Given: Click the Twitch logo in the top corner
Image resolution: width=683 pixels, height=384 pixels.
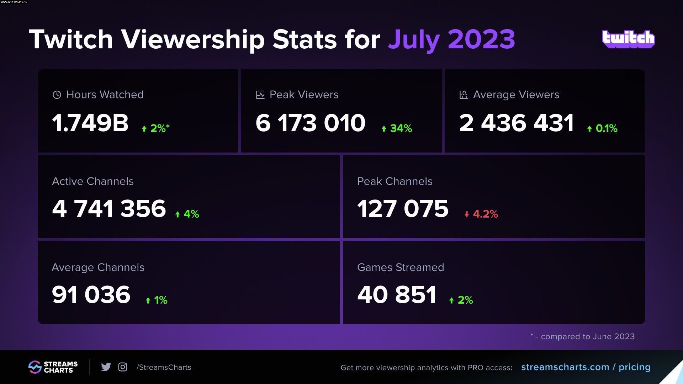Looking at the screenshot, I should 628,39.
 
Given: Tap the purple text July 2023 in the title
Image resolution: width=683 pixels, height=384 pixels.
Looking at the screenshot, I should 451,39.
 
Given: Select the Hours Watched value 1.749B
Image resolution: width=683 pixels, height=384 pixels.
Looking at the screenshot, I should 90,123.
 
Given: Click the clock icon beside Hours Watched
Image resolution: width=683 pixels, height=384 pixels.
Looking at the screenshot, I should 57,95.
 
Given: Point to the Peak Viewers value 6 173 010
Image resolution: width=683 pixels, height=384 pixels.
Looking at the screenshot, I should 310,123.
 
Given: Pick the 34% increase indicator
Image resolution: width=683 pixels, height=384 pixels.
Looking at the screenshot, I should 397,128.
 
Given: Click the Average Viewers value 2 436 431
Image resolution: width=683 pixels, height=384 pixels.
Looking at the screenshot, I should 516,123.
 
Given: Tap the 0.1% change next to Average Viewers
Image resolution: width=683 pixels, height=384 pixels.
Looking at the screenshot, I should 602,128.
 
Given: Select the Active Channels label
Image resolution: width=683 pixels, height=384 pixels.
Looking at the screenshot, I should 93,181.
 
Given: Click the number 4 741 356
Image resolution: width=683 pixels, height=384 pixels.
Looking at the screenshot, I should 109,208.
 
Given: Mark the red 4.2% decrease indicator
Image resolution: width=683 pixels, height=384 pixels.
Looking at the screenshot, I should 481,214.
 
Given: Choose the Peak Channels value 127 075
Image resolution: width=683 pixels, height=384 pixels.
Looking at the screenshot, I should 403,208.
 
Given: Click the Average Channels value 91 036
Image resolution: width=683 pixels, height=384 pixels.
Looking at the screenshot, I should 91,294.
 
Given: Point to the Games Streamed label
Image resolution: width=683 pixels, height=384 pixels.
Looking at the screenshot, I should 401,267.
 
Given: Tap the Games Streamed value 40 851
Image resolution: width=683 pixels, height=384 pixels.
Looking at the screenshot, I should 397,294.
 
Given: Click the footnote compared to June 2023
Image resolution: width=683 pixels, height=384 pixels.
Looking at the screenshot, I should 582,336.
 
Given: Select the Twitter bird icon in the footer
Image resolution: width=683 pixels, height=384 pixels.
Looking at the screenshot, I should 106,367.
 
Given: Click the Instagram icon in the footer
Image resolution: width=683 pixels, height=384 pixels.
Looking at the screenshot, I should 123,367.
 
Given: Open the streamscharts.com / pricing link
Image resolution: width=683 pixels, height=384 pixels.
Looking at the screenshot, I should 586,367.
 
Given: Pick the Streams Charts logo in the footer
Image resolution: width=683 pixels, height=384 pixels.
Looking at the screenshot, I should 53,367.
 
